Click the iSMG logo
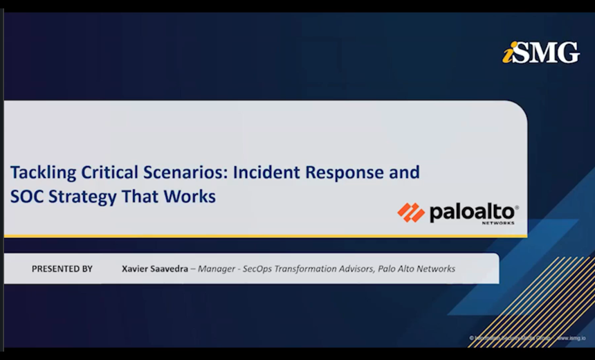(540, 53)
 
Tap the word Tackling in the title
(39, 172)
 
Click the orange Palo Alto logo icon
(411, 212)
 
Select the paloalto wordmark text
(473, 211)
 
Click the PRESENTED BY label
(62, 269)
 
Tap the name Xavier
(136, 269)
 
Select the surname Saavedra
(170, 269)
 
